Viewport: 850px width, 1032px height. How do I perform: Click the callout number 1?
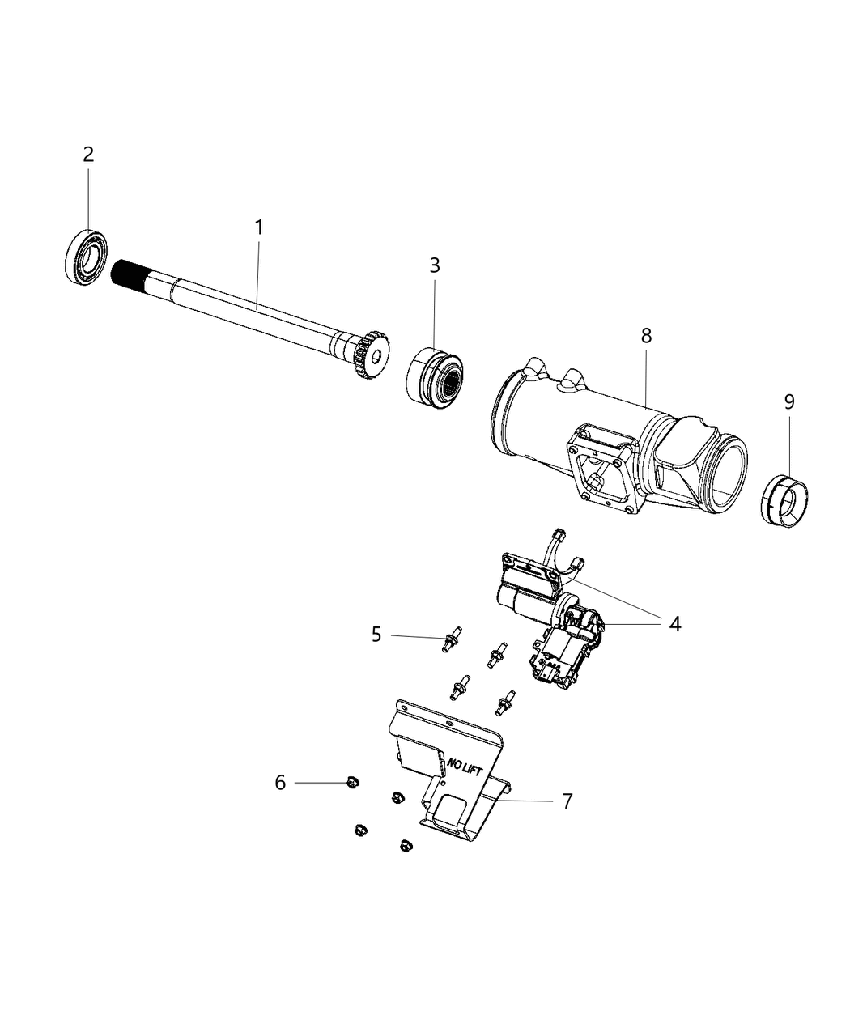[259, 228]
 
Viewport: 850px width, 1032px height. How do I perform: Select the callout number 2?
[88, 154]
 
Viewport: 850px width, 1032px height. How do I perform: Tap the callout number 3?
[435, 265]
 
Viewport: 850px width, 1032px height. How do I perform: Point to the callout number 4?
[674, 623]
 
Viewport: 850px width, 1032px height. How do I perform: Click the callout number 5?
[376, 634]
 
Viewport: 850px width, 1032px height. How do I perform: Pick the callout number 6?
[280, 783]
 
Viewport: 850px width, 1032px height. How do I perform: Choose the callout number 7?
[567, 801]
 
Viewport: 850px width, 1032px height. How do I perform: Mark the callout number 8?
[646, 335]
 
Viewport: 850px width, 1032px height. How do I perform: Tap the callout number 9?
[788, 401]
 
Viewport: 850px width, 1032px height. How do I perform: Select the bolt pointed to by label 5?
[447, 639]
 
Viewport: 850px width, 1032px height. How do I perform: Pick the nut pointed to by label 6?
[351, 782]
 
